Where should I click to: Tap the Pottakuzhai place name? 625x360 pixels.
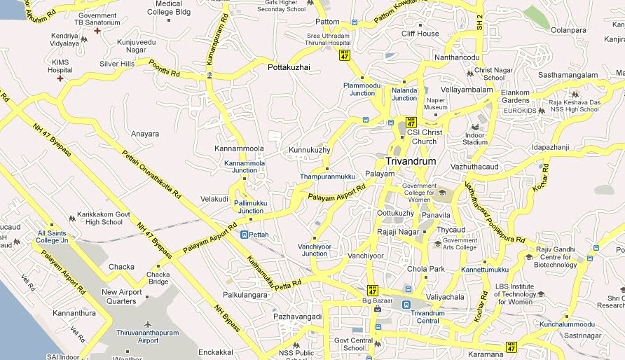coord(289,68)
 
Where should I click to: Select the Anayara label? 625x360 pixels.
coord(145,134)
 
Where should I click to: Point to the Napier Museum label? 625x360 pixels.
coord(436,104)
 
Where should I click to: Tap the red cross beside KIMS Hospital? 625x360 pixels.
coord(60,78)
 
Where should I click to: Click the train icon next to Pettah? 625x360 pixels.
coord(244,235)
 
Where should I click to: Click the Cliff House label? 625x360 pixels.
coord(420,34)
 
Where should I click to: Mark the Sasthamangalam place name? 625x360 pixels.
coord(568,75)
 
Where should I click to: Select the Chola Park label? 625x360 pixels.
coord(426,269)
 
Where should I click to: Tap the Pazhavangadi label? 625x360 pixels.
coord(297,317)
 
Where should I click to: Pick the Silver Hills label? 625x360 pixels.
coord(117,64)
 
